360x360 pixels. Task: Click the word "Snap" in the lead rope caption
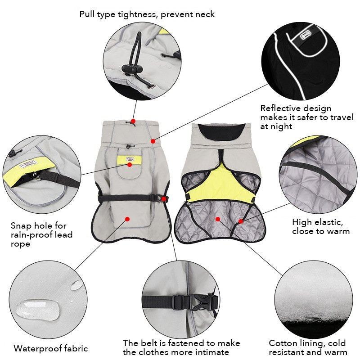pos(21,226)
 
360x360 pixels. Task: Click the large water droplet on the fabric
pos(37,310)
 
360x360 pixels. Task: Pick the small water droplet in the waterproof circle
pos(76,285)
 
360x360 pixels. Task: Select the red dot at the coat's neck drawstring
pos(133,121)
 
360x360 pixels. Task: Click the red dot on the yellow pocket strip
pos(130,165)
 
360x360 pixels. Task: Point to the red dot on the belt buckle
pos(164,198)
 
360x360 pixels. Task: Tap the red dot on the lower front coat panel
pos(127,219)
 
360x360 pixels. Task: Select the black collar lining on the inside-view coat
pos(222,131)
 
